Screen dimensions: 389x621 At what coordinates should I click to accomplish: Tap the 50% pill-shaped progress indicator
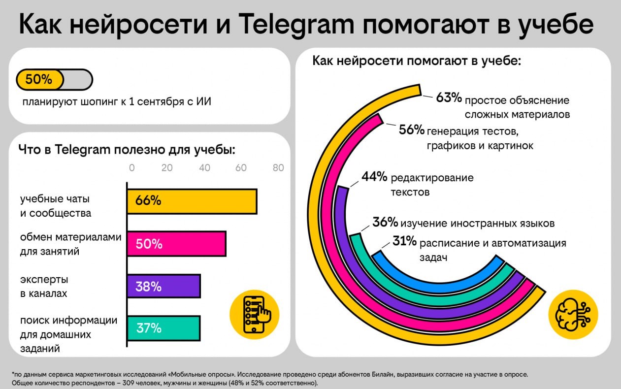(54, 80)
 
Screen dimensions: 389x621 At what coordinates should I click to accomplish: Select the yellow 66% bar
(192, 201)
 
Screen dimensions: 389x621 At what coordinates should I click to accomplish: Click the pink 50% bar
(176, 244)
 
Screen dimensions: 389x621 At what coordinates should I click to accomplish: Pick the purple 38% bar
(163, 286)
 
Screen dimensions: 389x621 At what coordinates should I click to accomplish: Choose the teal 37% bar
(163, 328)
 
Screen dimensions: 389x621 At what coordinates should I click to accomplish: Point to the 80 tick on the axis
(278, 167)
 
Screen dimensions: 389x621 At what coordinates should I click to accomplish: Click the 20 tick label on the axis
(167, 167)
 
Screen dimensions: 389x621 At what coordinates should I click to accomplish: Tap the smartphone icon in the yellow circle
(254, 314)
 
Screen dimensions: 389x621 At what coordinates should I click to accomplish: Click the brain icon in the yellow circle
(573, 314)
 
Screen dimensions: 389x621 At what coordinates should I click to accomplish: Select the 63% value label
(449, 98)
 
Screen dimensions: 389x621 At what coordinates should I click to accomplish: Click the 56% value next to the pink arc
(412, 130)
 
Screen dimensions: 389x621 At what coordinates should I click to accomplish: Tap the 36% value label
(385, 222)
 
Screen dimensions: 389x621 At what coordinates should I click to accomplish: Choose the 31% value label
(405, 241)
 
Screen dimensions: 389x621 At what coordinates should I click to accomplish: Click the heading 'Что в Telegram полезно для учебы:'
(127, 149)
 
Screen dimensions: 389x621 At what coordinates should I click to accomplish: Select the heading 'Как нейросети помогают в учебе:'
(417, 62)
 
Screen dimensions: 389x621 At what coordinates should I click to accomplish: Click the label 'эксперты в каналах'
(44, 286)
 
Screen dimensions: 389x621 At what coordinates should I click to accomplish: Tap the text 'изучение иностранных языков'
(478, 223)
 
